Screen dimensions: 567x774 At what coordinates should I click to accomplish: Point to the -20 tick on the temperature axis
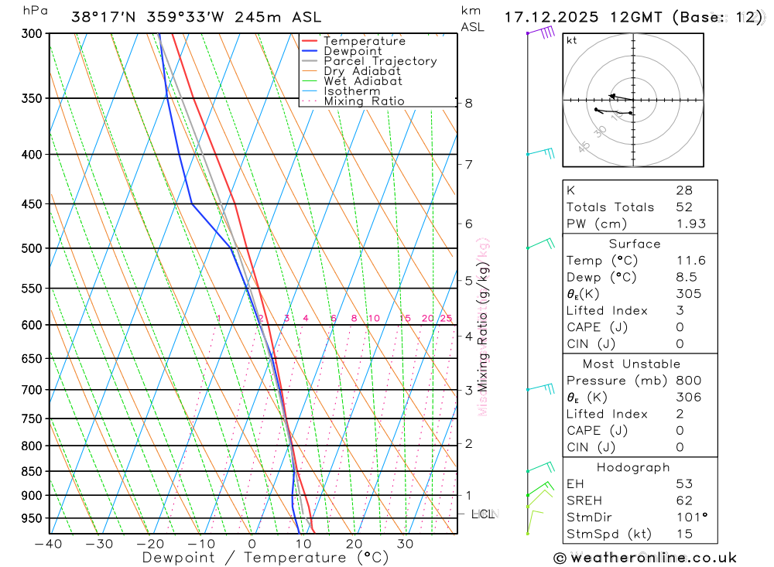point(150,544)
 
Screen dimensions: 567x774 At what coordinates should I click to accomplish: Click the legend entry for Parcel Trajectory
point(380,61)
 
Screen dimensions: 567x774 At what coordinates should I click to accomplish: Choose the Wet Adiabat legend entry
point(362,81)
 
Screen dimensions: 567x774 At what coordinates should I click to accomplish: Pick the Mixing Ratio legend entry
point(364,101)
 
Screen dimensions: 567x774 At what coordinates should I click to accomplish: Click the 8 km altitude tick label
point(468,103)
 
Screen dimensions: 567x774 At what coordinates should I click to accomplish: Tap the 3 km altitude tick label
point(468,390)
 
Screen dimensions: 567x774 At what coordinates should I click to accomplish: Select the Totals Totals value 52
point(684,207)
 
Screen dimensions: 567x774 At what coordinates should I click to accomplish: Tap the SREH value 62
point(684,500)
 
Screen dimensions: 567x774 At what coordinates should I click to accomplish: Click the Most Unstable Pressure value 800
point(688,381)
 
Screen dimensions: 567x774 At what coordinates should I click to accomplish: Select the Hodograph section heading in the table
point(633,467)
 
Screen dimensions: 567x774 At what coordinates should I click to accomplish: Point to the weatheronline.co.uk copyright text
point(645,557)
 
